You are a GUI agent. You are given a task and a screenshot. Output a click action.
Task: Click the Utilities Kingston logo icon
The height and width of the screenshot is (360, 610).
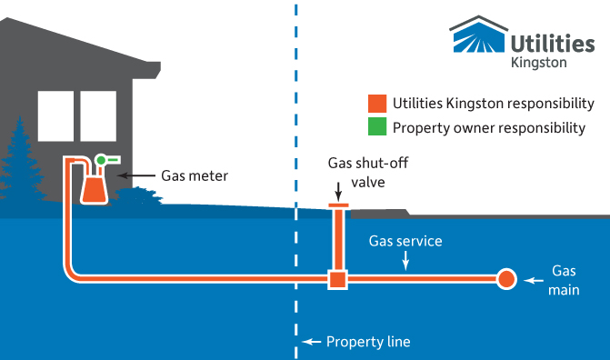479,35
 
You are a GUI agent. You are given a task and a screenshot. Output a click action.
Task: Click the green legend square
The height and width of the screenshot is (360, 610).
375,127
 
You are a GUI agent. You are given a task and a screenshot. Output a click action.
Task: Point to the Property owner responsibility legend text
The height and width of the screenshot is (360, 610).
488,127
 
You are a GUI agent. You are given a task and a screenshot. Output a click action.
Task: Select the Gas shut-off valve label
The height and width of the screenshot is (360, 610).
357,172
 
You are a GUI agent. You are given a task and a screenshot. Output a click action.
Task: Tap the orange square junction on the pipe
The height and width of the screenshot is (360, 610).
337,278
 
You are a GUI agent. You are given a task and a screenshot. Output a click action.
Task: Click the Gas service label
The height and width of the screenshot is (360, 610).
405,242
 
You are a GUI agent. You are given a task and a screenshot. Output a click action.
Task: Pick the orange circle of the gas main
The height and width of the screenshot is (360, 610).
505,278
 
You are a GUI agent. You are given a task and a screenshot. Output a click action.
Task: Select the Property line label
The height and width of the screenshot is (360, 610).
368,342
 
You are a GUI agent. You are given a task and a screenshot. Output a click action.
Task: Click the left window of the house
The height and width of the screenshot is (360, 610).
55,115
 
